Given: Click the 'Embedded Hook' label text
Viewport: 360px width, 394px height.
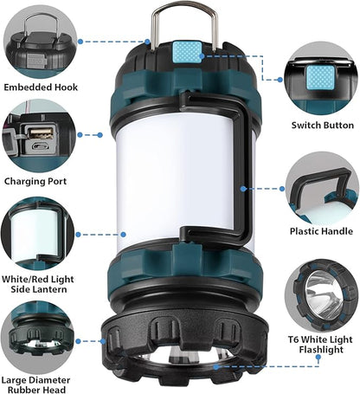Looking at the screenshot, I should (40, 87).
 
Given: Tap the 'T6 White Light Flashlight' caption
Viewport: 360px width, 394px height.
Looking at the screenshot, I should (321, 343).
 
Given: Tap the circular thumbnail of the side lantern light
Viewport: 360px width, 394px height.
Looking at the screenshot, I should (39, 234).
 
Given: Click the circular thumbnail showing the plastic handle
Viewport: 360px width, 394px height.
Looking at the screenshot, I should (322, 188).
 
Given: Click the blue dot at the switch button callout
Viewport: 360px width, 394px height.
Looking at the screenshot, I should (200, 55).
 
